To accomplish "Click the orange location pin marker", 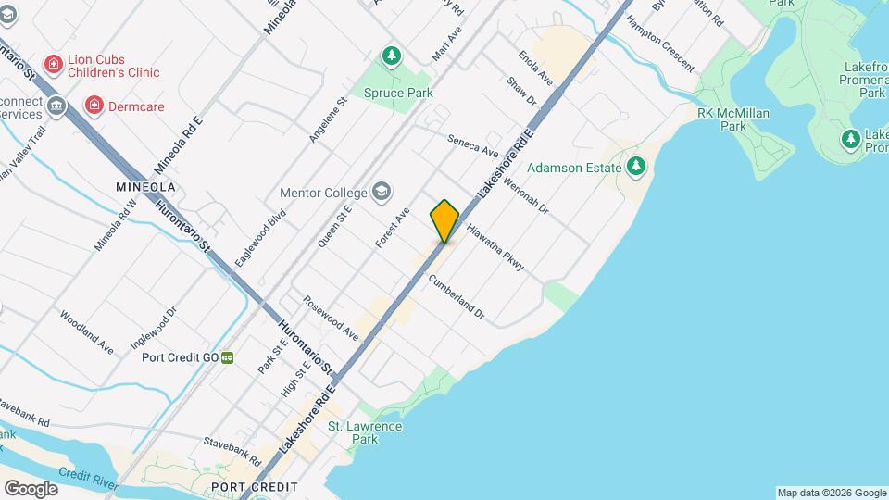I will coord(444,220).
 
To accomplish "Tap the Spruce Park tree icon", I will coord(392,56).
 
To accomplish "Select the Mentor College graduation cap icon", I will coord(381,193).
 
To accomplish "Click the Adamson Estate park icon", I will coord(635,167).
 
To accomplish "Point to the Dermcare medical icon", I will coord(94,106).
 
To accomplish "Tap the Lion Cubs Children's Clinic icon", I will coord(55,65).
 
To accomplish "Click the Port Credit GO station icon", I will coord(227,357).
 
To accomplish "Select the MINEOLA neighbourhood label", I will coord(145,187).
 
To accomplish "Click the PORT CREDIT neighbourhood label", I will coord(255,487).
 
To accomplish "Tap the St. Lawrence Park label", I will coord(365,432).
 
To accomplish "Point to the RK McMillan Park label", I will coord(721,119).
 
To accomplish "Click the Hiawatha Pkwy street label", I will coord(495,247).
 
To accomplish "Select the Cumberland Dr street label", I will coord(456,296).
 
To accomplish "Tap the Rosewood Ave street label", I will coord(331,318).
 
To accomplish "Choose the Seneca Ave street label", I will coord(472,145).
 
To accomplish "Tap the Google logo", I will coord(31,488).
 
